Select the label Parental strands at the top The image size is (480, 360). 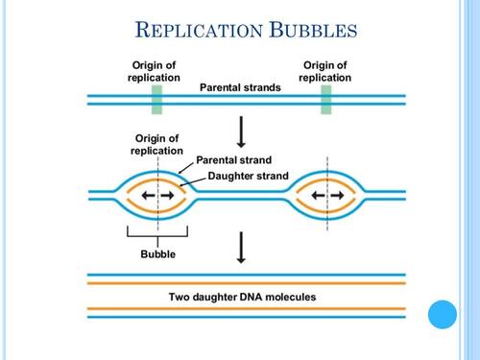click(x=240, y=87)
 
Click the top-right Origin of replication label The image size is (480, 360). click(x=326, y=70)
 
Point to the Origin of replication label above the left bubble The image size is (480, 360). click(x=156, y=144)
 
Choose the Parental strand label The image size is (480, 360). click(x=234, y=159)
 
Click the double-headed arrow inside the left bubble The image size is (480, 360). click(x=157, y=196)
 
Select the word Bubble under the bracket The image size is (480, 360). click(x=157, y=254)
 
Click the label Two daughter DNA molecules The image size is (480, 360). click(x=242, y=297)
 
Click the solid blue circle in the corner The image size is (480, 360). click(x=444, y=314)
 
